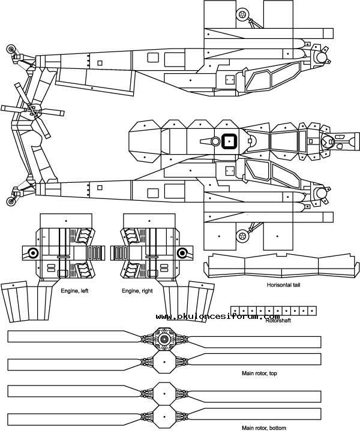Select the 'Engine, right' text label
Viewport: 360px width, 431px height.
point(136,291)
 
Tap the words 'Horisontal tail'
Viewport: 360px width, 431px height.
point(284,285)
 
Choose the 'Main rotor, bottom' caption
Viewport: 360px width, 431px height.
point(263,427)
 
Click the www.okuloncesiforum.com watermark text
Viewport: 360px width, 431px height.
point(218,316)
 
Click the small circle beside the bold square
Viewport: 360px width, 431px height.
point(215,141)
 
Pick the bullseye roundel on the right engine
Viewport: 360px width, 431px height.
point(182,252)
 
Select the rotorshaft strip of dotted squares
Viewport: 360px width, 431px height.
point(274,311)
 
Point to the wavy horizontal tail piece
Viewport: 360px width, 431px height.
point(282,267)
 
